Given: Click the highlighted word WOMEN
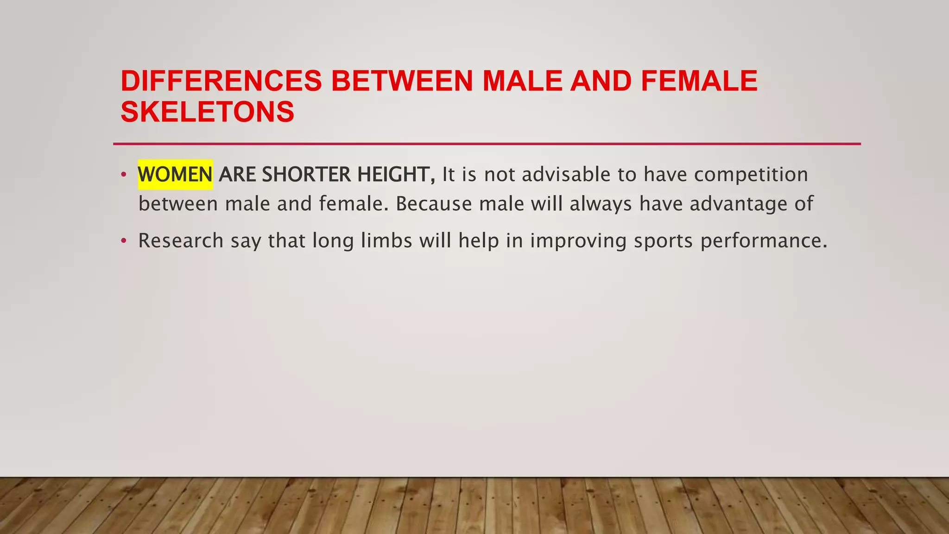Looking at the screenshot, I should tap(175, 175).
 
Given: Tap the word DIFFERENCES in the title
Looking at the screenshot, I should tap(221, 81).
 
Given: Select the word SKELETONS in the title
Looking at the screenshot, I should tap(207, 112).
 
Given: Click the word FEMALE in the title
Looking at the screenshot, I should tap(699, 81).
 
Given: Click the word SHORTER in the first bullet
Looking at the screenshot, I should tap(306, 175).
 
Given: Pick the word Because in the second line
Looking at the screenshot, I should tap(434, 204).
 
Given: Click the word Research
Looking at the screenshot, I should tap(181, 241).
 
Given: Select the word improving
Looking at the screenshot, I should tap(578, 241).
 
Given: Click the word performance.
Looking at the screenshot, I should tap(763, 241).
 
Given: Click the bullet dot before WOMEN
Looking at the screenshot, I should tap(123, 175).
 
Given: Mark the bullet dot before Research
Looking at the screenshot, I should tap(123, 241).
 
